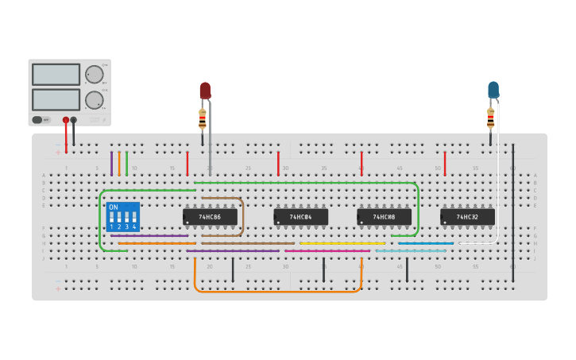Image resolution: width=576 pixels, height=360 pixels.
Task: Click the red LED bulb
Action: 205,90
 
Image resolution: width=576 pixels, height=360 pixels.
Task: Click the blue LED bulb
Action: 493,89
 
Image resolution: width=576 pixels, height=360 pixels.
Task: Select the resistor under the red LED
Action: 203,119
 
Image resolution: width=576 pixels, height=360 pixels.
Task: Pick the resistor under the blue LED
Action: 490,118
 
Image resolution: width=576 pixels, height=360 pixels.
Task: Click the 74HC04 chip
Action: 300,216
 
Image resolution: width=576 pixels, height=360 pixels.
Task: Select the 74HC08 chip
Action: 384,216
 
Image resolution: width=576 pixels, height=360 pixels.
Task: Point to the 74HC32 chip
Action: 467,216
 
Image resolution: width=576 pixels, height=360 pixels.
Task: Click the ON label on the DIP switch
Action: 113,207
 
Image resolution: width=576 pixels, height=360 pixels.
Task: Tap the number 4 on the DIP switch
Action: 134,227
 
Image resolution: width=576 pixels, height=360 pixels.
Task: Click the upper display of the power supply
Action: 56,75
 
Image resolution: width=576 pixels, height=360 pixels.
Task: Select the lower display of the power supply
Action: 56,99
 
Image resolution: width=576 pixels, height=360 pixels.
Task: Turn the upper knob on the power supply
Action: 94,75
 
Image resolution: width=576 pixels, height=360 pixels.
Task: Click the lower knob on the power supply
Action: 94,100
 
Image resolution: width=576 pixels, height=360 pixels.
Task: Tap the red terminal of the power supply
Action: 66,120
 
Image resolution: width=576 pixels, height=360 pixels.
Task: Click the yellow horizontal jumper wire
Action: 342,243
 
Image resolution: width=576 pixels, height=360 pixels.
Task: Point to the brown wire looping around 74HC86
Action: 242,215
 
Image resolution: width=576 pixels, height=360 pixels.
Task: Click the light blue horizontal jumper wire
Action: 411,251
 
